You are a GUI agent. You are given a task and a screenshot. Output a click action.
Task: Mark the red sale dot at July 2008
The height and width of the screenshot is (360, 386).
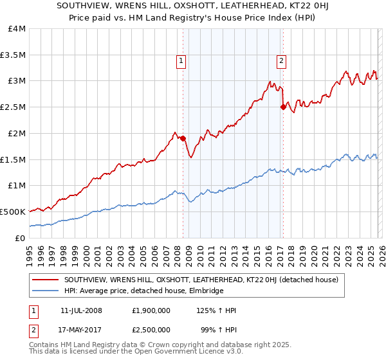(x=183, y=138)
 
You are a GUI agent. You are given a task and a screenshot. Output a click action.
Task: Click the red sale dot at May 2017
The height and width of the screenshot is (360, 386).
(x=283, y=107)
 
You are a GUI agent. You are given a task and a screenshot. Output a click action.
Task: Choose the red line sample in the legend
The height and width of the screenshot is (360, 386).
(x=46, y=280)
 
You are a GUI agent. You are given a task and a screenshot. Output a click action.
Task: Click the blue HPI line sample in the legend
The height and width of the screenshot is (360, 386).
(x=46, y=291)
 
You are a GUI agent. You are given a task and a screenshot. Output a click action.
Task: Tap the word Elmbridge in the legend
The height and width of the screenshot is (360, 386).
(x=203, y=291)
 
